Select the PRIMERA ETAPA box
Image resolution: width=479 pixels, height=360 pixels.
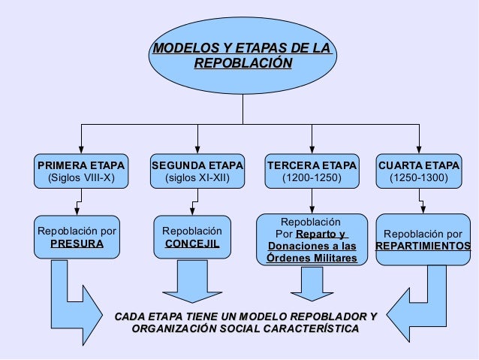click(81, 171)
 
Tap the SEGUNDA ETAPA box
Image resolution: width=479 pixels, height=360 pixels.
click(197, 171)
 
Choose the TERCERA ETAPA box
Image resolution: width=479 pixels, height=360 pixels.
click(312, 171)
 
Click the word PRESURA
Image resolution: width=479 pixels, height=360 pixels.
click(77, 244)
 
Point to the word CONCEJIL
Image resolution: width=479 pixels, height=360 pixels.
click(192, 244)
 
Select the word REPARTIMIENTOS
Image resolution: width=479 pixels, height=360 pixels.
click(423, 246)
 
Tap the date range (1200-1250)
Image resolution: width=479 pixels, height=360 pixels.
click(311, 179)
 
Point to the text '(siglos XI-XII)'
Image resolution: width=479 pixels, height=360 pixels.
click(197, 179)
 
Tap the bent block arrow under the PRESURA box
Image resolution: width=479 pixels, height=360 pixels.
click(75, 308)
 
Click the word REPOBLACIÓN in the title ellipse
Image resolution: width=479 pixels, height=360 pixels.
click(242, 64)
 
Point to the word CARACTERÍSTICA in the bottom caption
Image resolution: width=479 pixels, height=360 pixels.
click(309, 329)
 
